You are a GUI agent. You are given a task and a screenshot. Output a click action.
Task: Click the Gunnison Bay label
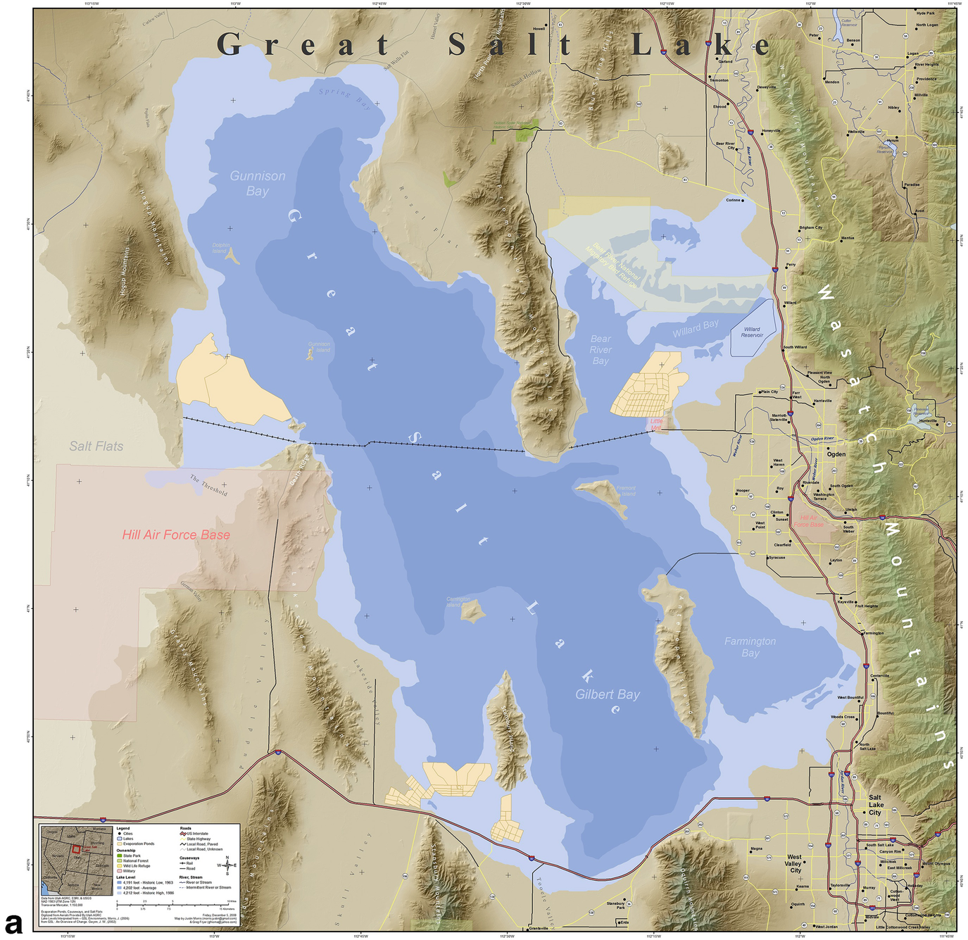point(258,183)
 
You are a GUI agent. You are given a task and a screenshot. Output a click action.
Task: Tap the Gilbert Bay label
point(608,694)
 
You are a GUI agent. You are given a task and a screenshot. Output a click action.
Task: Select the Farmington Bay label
point(750,647)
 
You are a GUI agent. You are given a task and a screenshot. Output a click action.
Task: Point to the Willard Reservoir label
point(752,332)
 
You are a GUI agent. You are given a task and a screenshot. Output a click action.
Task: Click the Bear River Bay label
point(601,350)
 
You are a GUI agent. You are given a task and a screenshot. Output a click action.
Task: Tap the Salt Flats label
point(96,446)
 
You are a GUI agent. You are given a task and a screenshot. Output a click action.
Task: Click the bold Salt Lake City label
point(875,805)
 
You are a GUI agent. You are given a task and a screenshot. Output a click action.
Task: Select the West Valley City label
point(794,863)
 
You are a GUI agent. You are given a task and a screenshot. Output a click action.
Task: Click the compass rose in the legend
point(227,865)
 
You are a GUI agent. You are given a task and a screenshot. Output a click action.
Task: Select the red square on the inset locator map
point(77,850)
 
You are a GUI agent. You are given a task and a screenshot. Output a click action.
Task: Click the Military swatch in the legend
point(120,871)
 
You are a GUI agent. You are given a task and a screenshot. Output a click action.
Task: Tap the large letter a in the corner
point(14,922)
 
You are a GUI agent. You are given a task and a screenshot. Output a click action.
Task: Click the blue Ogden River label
point(822,439)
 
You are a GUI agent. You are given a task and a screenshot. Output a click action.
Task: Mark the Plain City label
point(769,391)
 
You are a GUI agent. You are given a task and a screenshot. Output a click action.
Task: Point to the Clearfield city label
point(782,544)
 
